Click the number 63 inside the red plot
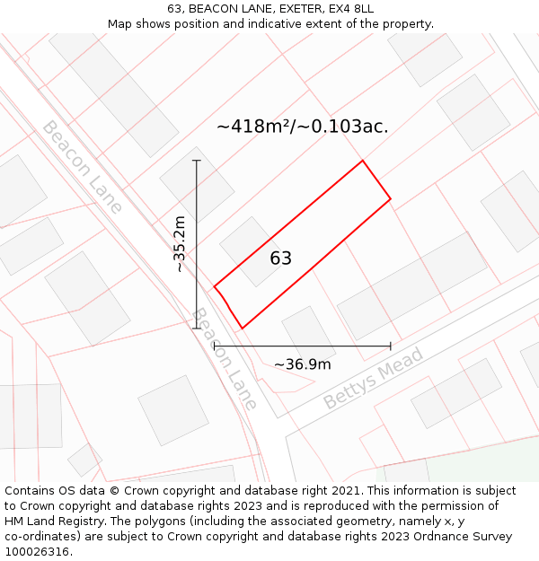[x=281, y=259]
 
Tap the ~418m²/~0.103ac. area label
[x=303, y=127]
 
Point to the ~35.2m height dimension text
[x=180, y=244]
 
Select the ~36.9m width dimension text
[x=302, y=364]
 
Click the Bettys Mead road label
[x=373, y=380]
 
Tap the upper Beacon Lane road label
[x=82, y=167]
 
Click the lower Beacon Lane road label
[x=225, y=359]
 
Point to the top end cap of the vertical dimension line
[x=197, y=161]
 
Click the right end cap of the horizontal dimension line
[x=391, y=346]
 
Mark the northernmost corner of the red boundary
[x=362, y=161]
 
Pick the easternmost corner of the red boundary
[x=391, y=198]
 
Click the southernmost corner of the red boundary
[x=242, y=329]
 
